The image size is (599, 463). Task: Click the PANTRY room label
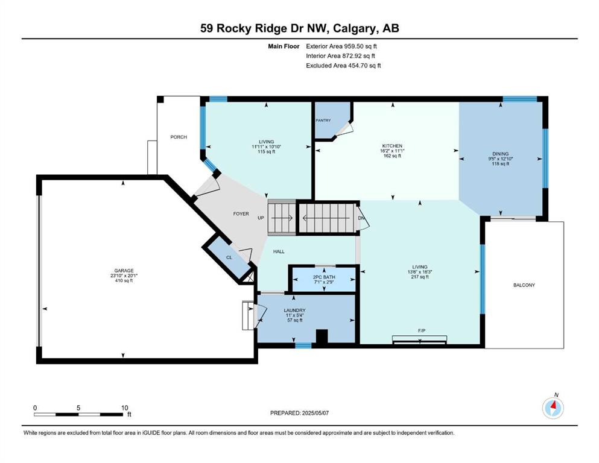[323, 120]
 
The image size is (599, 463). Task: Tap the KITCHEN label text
[392, 146]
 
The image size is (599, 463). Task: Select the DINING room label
[501, 154]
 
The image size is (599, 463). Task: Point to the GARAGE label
[124, 271]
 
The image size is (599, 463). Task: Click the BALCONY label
[524, 285]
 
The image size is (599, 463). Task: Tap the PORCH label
[179, 137]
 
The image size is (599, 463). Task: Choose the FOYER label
[241, 214]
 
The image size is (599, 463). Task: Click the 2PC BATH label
[324, 277]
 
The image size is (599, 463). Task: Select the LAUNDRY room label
[294, 310]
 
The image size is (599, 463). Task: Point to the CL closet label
[229, 257]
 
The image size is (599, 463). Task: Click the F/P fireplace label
[422, 330]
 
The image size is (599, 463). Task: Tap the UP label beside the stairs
[261, 218]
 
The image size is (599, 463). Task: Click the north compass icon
[553, 408]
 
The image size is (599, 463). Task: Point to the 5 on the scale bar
[78, 408]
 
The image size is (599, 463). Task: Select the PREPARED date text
[299, 413]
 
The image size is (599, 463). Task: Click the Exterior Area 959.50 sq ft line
[341, 46]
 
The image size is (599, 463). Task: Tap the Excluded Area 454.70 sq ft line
[343, 66]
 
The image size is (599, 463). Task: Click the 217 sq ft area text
[419, 277]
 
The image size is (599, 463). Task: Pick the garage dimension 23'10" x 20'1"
[124, 276]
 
